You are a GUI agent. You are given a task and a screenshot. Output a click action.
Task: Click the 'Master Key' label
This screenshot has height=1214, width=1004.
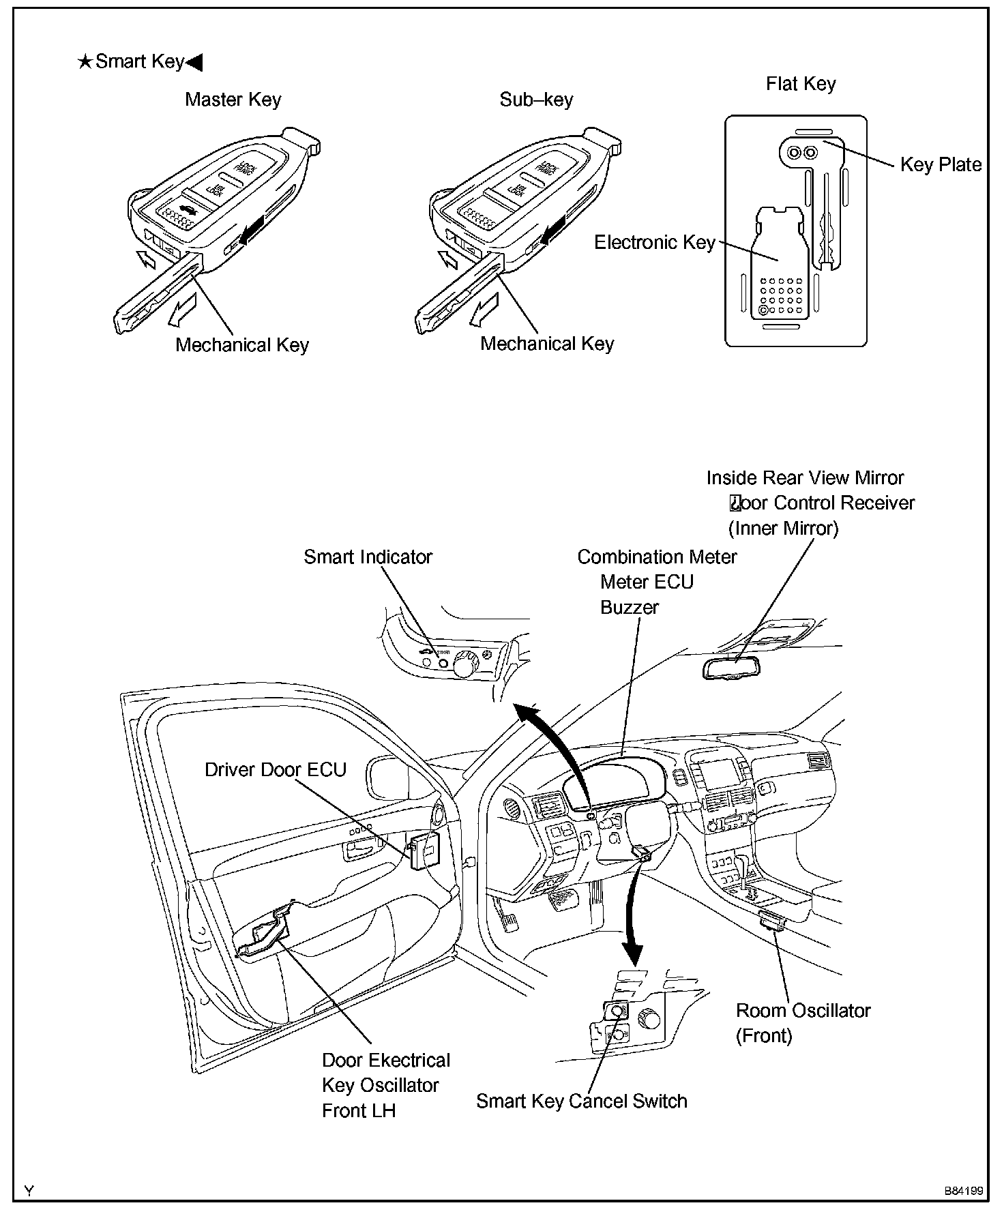(x=233, y=100)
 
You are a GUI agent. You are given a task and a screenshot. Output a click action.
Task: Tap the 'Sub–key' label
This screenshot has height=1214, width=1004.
(x=536, y=100)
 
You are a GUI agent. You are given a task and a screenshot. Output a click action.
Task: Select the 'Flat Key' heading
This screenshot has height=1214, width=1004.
(x=800, y=84)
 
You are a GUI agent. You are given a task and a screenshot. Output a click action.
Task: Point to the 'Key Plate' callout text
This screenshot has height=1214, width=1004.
(x=941, y=164)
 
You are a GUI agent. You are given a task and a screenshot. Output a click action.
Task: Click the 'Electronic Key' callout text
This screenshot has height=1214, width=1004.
(x=654, y=242)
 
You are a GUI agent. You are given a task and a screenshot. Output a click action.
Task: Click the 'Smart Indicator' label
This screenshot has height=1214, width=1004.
(x=368, y=557)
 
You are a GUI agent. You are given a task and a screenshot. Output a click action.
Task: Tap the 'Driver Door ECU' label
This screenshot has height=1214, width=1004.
(x=276, y=769)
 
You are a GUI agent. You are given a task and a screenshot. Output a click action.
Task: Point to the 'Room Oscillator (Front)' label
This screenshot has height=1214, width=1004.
(x=803, y=1022)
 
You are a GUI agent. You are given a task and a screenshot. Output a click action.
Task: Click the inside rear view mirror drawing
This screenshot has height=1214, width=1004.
(x=730, y=667)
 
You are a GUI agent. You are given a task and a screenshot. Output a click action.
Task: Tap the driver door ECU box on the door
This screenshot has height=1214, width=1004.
(x=424, y=849)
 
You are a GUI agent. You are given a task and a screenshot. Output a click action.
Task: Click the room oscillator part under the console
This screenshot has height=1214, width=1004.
(x=773, y=920)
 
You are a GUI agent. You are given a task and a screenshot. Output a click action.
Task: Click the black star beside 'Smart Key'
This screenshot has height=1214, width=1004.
(x=85, y=63)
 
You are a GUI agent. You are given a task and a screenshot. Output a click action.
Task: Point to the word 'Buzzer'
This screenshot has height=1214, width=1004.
(x=629, y=607)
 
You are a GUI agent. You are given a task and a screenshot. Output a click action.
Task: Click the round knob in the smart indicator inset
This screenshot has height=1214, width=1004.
(x=464, y=664)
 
